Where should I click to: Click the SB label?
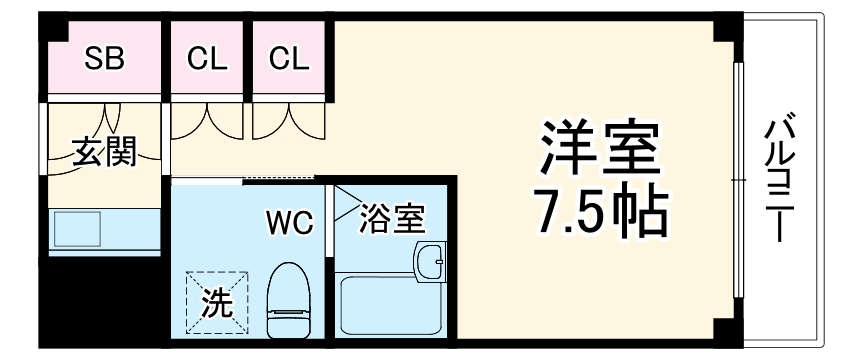[103, 59]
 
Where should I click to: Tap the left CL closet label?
[208, 59]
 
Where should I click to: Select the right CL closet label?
[290, 59]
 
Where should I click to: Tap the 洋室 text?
[600, 149]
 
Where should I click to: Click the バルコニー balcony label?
[779, 180]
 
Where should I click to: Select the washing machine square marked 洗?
[214, 298]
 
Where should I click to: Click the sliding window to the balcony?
[736, 180]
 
